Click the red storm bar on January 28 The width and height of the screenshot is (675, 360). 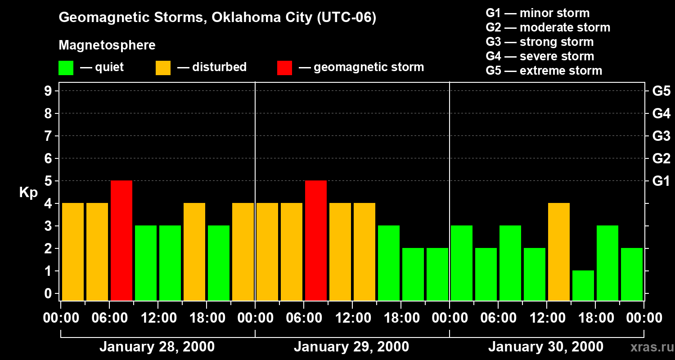pos(121,240)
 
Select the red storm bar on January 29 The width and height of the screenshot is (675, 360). pos(316,240)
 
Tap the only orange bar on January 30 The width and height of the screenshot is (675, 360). pos(559,252)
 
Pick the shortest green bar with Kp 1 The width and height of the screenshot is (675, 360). pos(583,285)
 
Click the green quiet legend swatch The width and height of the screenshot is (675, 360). pos(66,68)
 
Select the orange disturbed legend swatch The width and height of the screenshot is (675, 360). pos(163,68)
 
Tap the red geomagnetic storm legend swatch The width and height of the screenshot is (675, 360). pos(285,68)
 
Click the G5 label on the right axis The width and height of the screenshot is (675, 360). pos(661,91)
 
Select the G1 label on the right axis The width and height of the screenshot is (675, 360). pos(661,181)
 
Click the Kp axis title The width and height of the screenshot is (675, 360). pos(28,193)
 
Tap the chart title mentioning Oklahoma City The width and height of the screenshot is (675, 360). pos(217,18)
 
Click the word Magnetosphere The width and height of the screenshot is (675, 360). pos(107,45)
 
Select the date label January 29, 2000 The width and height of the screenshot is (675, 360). pos(351,347)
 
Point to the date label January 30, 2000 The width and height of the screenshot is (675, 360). pos(546,347)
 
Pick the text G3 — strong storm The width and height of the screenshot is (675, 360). pos(540,42)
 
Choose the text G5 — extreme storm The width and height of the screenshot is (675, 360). pos(544,71)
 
